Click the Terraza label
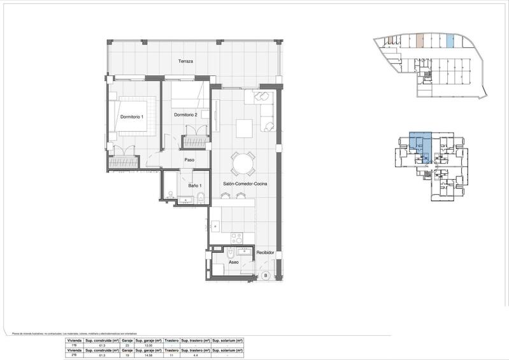point(186,62)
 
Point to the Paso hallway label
point(189,160)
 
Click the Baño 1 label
point(195,185)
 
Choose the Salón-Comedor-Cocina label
point(245,184)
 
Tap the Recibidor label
point(265,253)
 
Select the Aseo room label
point(234,261)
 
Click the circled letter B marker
point(265,275)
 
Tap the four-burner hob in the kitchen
point(237,238)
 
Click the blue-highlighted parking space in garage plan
point(450,41)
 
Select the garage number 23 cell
point(127,345)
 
